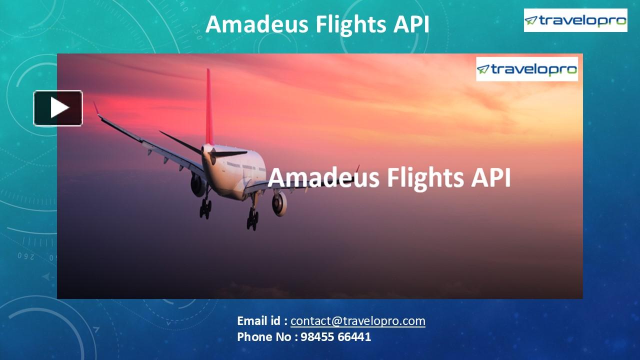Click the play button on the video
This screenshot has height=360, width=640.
pyautogui.click(x=58, y=107)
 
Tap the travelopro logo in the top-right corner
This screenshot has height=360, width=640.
pyautogui.click(x=575, y=20)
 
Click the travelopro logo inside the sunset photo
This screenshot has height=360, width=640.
pyautogui.click(x=526, y=69)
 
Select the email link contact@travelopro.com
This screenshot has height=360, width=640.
pyautogui.click(x=357, y=321)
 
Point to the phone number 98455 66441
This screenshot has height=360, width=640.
pyautogui.click(x=336, y=337)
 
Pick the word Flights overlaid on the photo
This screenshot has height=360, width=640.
pyautogui.click(x=407, y=178)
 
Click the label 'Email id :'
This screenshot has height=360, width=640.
pyautogui.click(x=262, y=321)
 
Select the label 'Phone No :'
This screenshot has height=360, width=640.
pyautogui.click(x=267, y=337)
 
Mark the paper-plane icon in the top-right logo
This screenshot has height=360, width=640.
pyautogui.click(x=531, y=20)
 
